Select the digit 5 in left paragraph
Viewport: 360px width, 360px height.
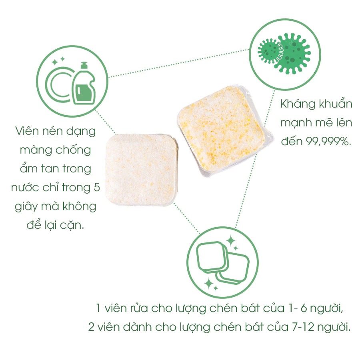[x=96, y=187]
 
